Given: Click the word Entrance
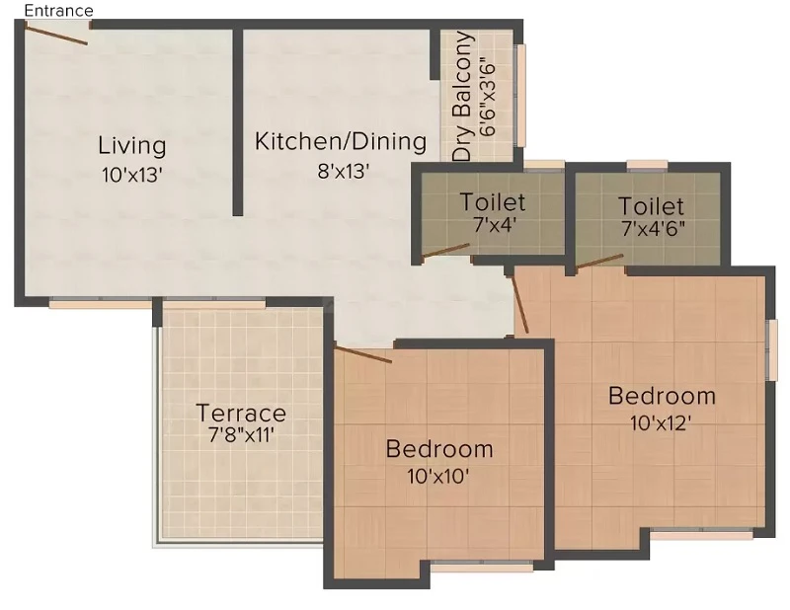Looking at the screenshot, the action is [x=58, y=11].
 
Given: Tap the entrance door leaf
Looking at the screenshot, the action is [x=56, y=35].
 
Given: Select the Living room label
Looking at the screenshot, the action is [x=132, y=145].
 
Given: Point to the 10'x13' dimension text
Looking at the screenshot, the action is [x=132, y=176].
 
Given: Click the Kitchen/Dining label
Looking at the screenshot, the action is [x=341, y=141].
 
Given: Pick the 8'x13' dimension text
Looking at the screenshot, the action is [x=344, y=172].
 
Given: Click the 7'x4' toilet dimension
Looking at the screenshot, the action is [x=495, y=225].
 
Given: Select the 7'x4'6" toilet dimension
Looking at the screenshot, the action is [x=653, y=229].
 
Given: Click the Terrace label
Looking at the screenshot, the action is [x=241, y=413].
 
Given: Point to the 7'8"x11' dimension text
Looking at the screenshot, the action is [x=241, y=434].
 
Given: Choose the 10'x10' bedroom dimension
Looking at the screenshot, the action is [x=438, y=476].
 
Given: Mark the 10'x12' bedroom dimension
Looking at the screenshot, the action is [x=660, y=423].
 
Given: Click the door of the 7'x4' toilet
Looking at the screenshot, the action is [x=445, y=252].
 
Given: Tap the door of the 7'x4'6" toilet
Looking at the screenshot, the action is [x=599, y=262].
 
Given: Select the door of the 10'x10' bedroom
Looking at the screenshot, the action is [x=363, y=354].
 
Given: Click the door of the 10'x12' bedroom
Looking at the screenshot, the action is [x=519, y=304].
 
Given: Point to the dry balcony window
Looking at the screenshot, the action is [x=520, y=95].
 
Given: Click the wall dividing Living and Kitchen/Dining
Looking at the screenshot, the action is [x=238, y=122].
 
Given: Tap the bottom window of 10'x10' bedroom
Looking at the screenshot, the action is [x=483, y=567].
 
